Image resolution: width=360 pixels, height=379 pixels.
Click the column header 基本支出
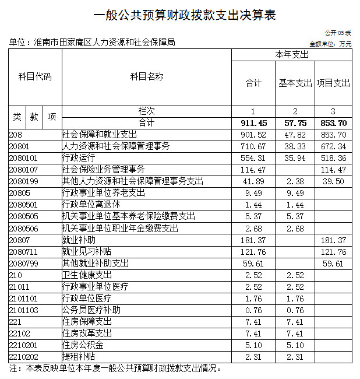[295, 83]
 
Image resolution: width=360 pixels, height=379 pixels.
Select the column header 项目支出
[333, 83]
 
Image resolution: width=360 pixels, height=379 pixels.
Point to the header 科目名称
[147, 77]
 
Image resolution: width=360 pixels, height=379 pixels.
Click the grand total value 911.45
[254, 123]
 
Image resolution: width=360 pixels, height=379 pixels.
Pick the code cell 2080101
[23, 158]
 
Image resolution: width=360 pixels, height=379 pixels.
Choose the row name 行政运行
[79, 158]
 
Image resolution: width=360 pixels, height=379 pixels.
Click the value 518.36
[333, 158]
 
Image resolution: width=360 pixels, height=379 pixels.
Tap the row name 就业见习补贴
[87, 251]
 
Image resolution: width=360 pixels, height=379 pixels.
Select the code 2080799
[23, 263]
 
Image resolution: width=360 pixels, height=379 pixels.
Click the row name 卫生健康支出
[87, 275]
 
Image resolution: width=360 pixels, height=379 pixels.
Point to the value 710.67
[254, 146]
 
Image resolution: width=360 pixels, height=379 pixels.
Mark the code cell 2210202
[23, 356]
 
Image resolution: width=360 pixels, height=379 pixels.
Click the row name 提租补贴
[79, 356]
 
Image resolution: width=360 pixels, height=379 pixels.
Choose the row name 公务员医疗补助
[91, 310]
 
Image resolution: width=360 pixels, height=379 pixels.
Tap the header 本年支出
[292, 55]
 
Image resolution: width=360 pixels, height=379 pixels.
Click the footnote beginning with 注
[116, 369]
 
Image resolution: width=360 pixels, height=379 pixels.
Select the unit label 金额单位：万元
[330, 44]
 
